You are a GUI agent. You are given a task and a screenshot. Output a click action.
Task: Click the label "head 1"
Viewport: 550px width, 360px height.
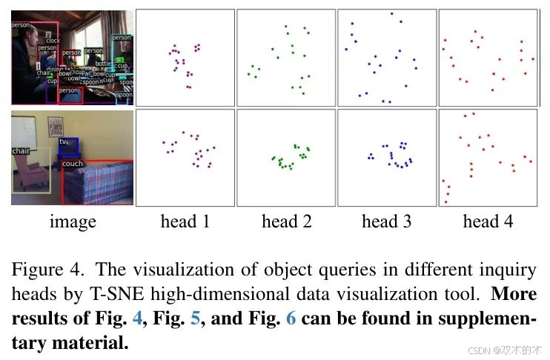click(x=185, y=221)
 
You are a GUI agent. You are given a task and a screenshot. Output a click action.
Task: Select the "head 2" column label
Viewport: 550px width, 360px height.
click(x=286, y=221)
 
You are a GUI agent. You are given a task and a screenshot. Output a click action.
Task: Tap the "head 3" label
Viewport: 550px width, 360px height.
click(x=386, y=221)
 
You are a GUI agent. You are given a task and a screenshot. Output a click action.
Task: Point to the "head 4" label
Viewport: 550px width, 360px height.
click(x=487, y=221)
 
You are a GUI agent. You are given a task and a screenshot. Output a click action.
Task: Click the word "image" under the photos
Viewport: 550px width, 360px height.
click(x=73, y=221)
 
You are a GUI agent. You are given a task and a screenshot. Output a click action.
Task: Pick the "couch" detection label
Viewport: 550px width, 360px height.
click(x=73, y=164)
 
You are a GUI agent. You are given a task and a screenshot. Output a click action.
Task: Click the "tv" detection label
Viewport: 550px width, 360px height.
click(x=63, y=141)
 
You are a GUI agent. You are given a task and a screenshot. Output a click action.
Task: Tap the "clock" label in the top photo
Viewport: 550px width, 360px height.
click(x=52, y=41)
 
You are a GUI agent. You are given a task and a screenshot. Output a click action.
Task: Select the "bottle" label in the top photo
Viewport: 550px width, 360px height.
click(x=104, y=64)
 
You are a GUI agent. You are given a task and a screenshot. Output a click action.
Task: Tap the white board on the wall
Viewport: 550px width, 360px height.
click(x=29, y=127)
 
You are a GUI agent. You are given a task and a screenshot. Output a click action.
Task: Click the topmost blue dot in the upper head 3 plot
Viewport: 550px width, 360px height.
click(x=391, y=14)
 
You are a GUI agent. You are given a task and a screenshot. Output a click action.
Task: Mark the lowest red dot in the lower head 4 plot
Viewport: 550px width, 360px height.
click(x=446, y=201)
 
